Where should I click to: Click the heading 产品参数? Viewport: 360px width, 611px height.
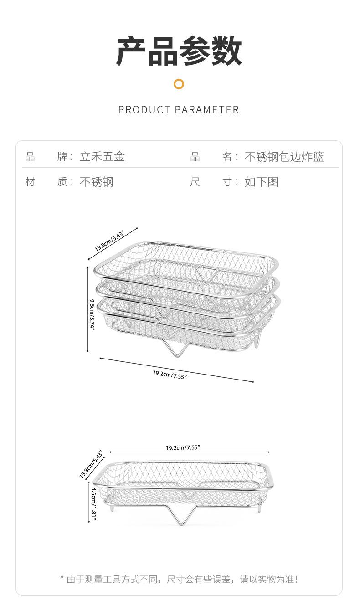click(x=179, y=51)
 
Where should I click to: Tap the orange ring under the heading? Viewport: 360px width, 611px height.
click(x=179, y=84)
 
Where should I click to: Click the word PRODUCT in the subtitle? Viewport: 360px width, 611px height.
click(x=144, y=110)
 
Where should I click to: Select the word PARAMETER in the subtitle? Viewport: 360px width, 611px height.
click(x=207, y=110)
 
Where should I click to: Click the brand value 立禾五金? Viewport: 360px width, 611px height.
click(x=102, y=157)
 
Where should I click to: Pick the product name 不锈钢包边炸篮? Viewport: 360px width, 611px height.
click(x=284, y=157)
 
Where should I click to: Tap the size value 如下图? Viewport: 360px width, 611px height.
click(x=261, y=182)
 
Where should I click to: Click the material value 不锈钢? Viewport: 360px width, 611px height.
click(x=97, y=182)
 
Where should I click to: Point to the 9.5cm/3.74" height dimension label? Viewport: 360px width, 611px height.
click(x=92, y=315)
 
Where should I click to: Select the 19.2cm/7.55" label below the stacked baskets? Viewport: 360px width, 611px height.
click(x=170, y=375)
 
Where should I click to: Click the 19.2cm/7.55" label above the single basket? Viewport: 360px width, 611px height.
click(x=183, y=448)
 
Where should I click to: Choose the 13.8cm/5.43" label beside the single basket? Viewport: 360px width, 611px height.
click(x=90, y=465)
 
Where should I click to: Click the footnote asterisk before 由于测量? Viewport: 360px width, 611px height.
click(x=62, y=579)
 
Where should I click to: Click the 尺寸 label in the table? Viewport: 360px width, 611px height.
click(x=211, y=182)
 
